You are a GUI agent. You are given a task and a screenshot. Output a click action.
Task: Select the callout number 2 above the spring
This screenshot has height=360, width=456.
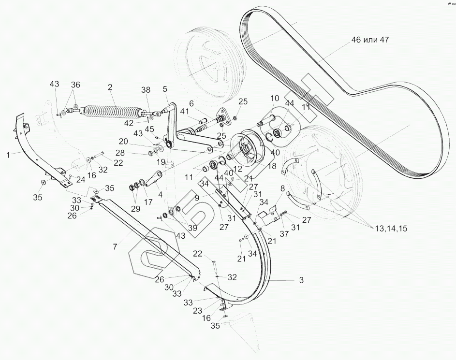(x=110, y=87)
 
